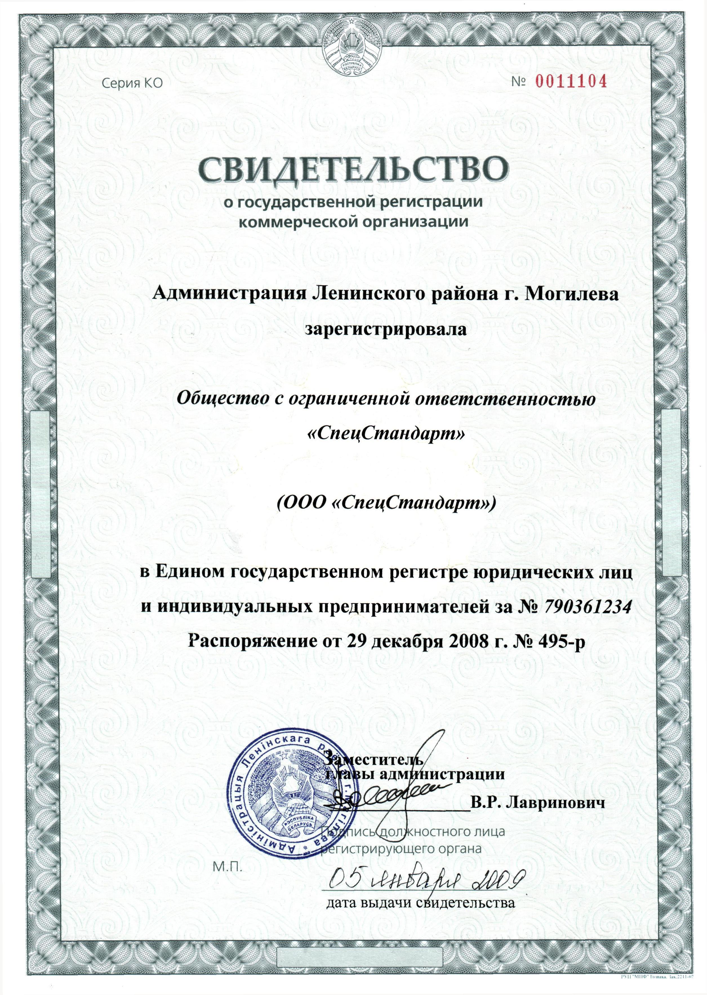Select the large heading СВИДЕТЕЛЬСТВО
[353, 171]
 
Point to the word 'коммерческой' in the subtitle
[293, 222]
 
